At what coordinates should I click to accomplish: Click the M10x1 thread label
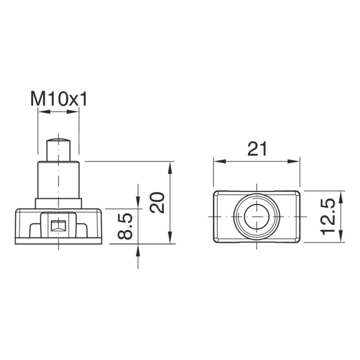pos(58,99)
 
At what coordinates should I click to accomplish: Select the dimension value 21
pos(257,148)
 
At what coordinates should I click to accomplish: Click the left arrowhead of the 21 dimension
pos(217,161)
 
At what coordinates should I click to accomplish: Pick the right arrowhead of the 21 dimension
pos(297,161)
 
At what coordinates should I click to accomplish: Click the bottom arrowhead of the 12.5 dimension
pos(341,238)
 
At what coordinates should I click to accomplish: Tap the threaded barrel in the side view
pos(58,180)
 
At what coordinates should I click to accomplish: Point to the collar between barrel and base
pos(58,203)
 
